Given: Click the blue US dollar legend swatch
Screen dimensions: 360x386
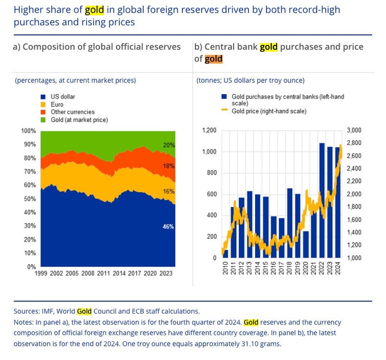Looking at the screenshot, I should tap(43, 97).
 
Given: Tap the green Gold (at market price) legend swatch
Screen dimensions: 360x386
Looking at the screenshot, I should tap(43, 120).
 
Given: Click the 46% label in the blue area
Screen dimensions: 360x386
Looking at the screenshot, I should tap(168, 227).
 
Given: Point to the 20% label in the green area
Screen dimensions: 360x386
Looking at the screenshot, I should tap(169, 145).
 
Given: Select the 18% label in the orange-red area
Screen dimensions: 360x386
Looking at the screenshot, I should tap(169, 166).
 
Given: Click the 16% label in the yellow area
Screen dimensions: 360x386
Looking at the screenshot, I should tap(169, 191).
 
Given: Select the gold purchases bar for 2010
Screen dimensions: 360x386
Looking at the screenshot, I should tap(225, 254).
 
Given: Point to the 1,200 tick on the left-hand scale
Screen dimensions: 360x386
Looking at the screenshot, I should tap(209, 130).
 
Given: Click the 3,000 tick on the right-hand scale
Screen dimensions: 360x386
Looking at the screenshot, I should tap(354, 130).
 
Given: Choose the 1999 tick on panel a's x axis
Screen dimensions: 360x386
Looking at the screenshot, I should tap(41, 274).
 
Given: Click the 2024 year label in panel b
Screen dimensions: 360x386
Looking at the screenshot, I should tap(338, 268).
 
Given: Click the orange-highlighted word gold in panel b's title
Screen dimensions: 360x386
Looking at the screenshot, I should tap(213, 59).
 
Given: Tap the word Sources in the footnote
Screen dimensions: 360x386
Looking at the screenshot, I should tap(26, 311).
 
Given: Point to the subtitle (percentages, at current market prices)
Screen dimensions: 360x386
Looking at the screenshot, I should tap(75, 80).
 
